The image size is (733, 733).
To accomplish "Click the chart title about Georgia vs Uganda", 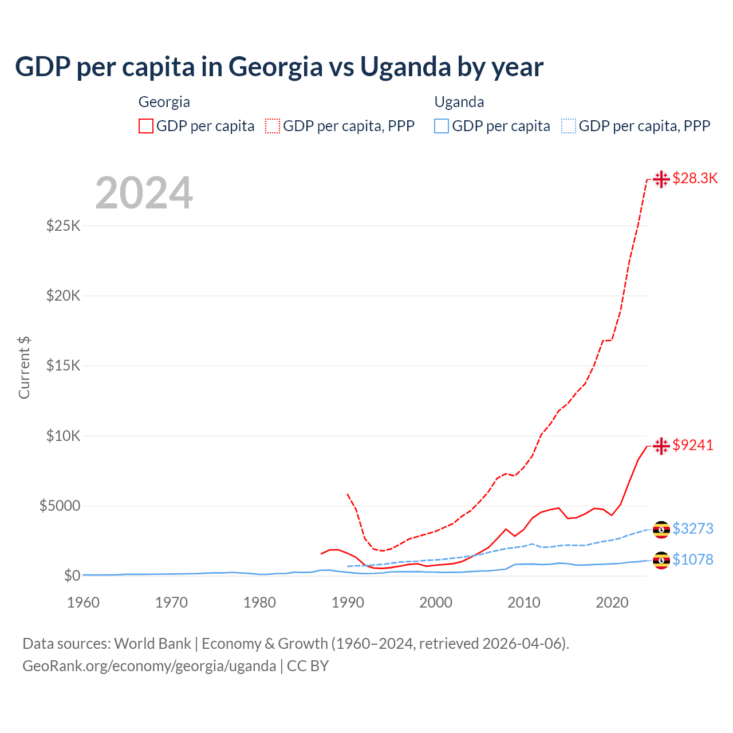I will [279, 67].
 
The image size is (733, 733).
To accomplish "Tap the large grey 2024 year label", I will [144, 193].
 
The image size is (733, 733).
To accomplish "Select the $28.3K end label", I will [695, 178].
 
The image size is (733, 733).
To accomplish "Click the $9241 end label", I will [693, 445].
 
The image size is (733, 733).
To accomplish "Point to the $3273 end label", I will [693, 529].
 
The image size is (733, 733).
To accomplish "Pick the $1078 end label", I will [693, 559].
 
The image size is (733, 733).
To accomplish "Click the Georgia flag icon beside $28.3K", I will [661, 179].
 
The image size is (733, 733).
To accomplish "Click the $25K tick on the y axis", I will [64, 226].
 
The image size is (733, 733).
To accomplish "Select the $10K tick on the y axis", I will [64, 436].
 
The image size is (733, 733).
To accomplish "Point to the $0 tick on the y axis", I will [72, 576].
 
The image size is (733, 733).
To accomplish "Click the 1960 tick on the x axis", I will [84, 602].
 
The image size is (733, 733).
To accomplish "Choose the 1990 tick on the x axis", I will [348, 602].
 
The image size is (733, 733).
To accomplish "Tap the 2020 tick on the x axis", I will [612, 602].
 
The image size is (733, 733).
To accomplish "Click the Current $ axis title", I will [24, 368].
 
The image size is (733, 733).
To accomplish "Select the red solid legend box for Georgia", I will [146, 126].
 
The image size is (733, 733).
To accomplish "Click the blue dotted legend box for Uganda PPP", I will [569, 126].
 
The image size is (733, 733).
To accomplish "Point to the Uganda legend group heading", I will [459, 102].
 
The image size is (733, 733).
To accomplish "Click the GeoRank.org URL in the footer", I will [149, 666].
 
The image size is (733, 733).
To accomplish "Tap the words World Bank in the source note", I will [152, 644].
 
